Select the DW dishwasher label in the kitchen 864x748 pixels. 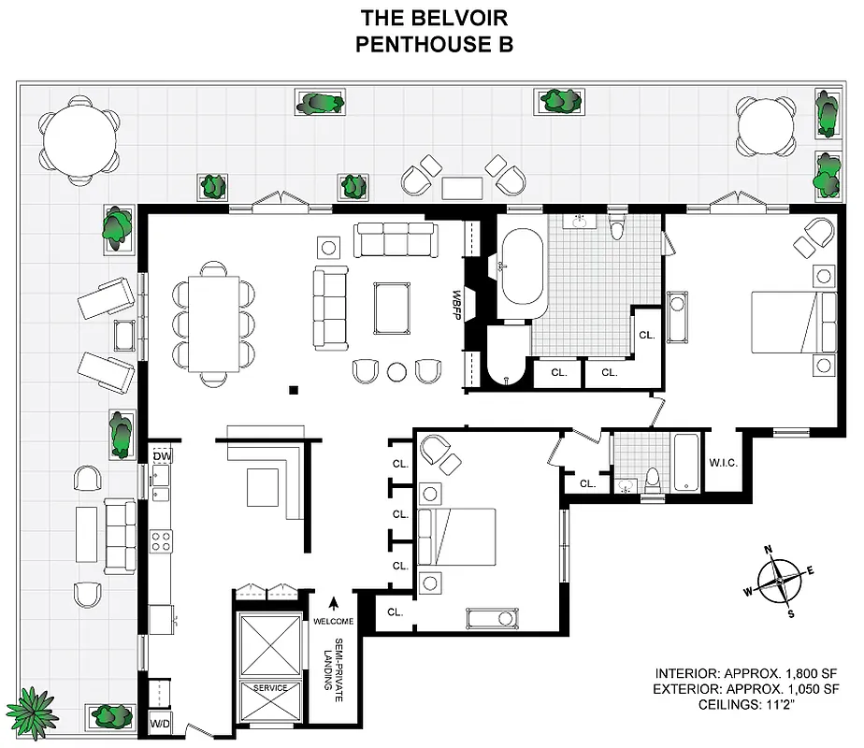162,455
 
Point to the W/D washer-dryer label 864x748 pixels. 160,724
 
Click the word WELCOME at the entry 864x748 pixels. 333,622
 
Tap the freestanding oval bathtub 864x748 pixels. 522,273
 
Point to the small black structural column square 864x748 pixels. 293,390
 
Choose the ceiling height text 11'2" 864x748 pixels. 799,706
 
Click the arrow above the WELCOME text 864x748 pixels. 332,603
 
